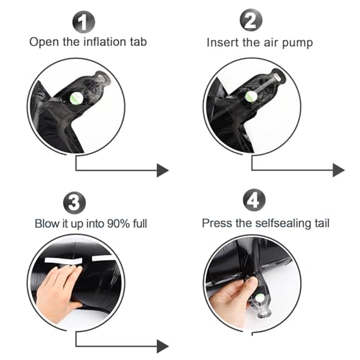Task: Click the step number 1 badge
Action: coord(84,22)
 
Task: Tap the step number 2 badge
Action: coord(251,20)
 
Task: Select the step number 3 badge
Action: coord(74,203)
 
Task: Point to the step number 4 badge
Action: coord(254,200)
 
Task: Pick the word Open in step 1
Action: coord(44,42)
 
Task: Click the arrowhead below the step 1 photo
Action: coord(163,171)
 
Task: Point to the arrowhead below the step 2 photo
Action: coord(338,171)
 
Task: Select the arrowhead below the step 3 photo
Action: coord(163,346)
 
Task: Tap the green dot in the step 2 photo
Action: coord(251,96)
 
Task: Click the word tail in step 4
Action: coord(322,223)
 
